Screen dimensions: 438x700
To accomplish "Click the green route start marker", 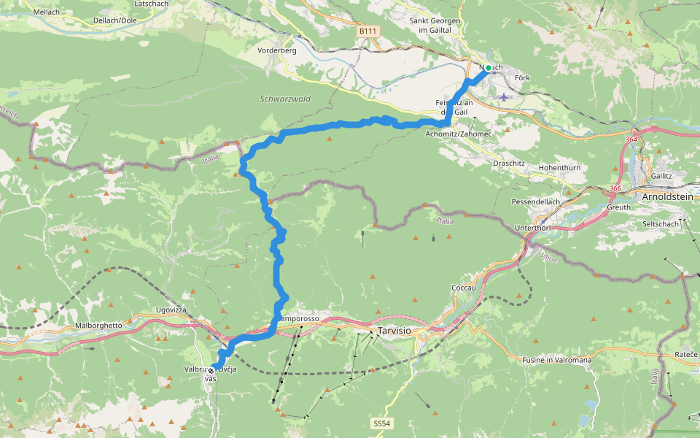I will (x=488, y=68).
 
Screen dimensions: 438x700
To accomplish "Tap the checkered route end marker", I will (x=211, y=370).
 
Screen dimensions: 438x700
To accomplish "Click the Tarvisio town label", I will (x=394, y=331).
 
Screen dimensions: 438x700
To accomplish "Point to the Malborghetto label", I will (x=102, y=324).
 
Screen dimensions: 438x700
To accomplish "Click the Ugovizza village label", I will (x=172, y=310).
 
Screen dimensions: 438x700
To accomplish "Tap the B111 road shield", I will (x=367, y=31).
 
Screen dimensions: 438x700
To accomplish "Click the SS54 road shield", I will (x=381, y=423).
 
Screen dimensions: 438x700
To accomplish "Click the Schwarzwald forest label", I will (x=285, y=99).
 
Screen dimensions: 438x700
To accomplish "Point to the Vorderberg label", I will (x=277, y=51).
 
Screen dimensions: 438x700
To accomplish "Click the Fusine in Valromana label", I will (x=557, y=360).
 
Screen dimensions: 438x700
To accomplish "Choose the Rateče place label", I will (x=685, y=355).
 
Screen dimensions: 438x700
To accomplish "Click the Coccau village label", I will (x=464, y=288).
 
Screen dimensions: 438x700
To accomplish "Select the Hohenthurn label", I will (x=559, y=168).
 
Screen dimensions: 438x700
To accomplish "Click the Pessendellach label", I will (x=535, y=201).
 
